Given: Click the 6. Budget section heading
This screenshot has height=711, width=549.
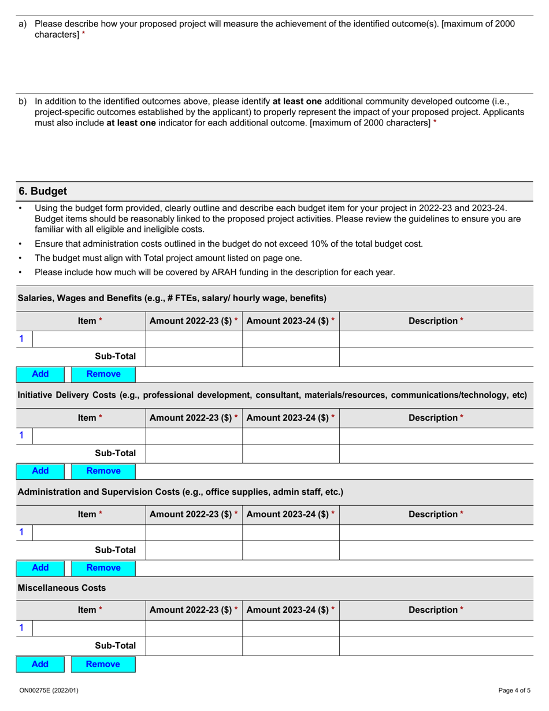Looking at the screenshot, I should pyautogui.click(x=43, y=191).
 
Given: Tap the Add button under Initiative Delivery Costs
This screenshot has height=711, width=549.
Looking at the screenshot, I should pyautogui.click(x=40, y=471).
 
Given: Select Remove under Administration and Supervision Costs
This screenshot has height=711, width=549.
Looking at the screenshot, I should pyautogui.click(x=103, y=568).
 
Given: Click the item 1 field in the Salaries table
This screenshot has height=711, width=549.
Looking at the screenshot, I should pyautogui.click(x=88, y=339).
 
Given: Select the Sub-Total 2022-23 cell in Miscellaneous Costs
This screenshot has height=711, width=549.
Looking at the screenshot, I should pyautogui.click(x=194, y=646).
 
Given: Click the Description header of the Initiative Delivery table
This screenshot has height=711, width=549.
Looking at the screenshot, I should pyautogui.click(x=436, y=417).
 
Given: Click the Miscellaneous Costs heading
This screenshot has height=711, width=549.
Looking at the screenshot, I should pyautogui.click(x=62, y=588).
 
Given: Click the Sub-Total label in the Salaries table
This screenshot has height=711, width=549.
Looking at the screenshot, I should pyautogui.click(x=115, y=357).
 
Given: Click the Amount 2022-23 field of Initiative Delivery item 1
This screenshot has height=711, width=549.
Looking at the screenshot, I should pyautogui.click(x=194, y=436).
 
